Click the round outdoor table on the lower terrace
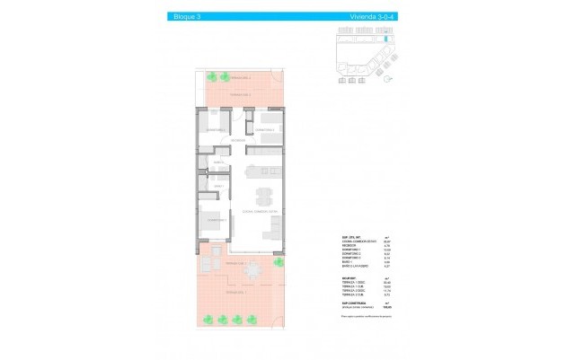pos(255,270)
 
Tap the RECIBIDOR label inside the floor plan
pos(238,141)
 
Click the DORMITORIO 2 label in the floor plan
pos(216,129)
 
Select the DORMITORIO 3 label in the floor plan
pos(264,129)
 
